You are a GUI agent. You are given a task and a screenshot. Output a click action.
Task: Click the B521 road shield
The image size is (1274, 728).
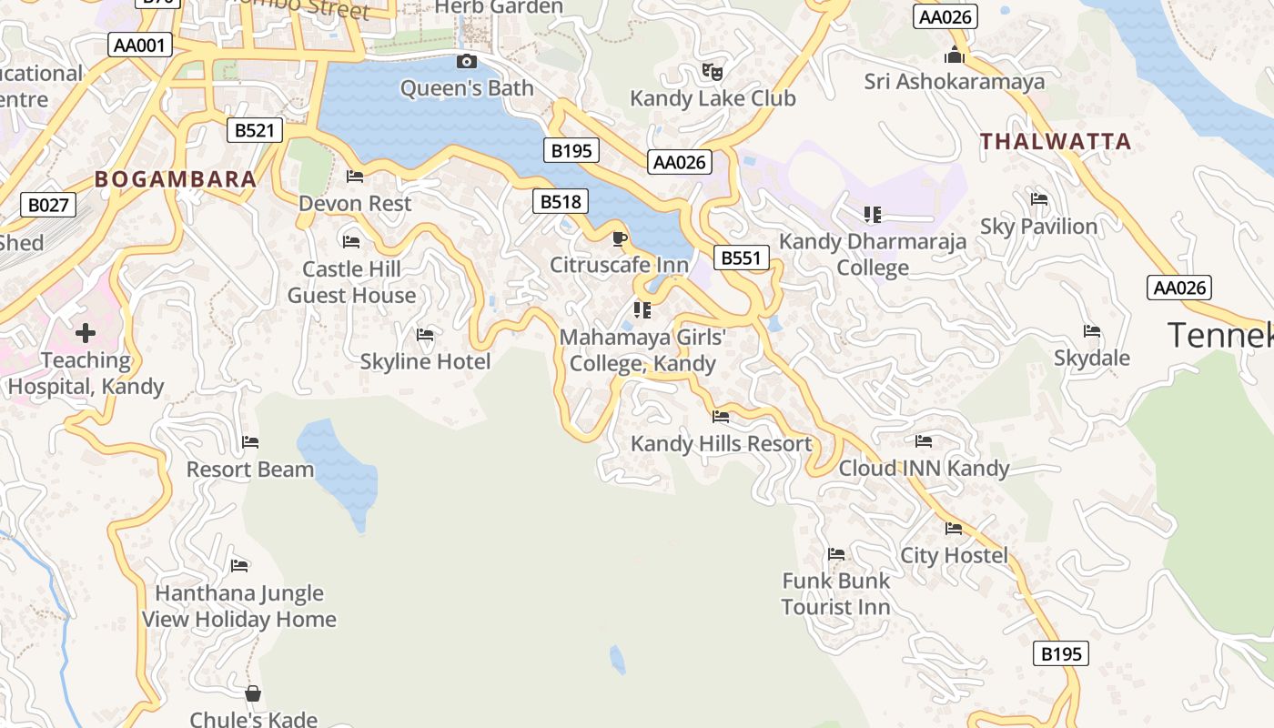pos(254,130)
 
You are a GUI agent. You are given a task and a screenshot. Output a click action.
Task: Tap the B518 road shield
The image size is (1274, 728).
pos(560,201)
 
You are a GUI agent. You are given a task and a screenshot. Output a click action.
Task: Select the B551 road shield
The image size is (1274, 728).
pos(740,258)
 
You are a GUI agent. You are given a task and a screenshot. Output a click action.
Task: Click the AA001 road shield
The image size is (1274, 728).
pos(140,45)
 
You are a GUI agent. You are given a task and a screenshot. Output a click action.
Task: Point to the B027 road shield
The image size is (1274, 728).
pos(48,205)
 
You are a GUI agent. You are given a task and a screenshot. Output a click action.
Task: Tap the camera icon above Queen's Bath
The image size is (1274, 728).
pos(467,61)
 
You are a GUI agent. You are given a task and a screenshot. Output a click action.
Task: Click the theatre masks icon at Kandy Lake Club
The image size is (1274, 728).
pos(713,71)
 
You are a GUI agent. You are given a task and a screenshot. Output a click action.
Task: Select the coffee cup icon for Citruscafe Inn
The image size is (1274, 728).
pos(619,238)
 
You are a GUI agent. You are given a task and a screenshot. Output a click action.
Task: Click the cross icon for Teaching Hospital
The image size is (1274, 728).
pos(86,333)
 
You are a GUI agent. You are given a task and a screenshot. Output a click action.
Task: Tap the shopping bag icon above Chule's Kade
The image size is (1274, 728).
pos(253,693)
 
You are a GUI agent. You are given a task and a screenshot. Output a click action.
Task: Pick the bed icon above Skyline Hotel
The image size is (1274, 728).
pos(425,335)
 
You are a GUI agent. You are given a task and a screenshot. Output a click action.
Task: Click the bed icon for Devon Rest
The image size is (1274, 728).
pos(355,177)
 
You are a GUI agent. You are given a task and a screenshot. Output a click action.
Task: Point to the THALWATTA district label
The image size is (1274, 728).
pos(1056,141)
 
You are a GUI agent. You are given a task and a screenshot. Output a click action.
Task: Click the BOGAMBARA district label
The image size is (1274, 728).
pos(176,179)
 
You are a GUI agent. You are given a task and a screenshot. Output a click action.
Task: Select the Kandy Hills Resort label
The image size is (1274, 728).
pos(721,444)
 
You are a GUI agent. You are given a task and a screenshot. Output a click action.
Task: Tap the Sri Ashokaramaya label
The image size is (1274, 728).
pos(955,82)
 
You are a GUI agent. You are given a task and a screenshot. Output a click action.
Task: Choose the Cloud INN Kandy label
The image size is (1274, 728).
pos(924,468)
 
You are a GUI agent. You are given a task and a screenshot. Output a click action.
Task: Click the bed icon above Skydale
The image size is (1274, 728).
pos(1092,331)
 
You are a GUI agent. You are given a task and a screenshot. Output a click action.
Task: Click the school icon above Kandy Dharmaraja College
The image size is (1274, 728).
pos(873,215)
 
